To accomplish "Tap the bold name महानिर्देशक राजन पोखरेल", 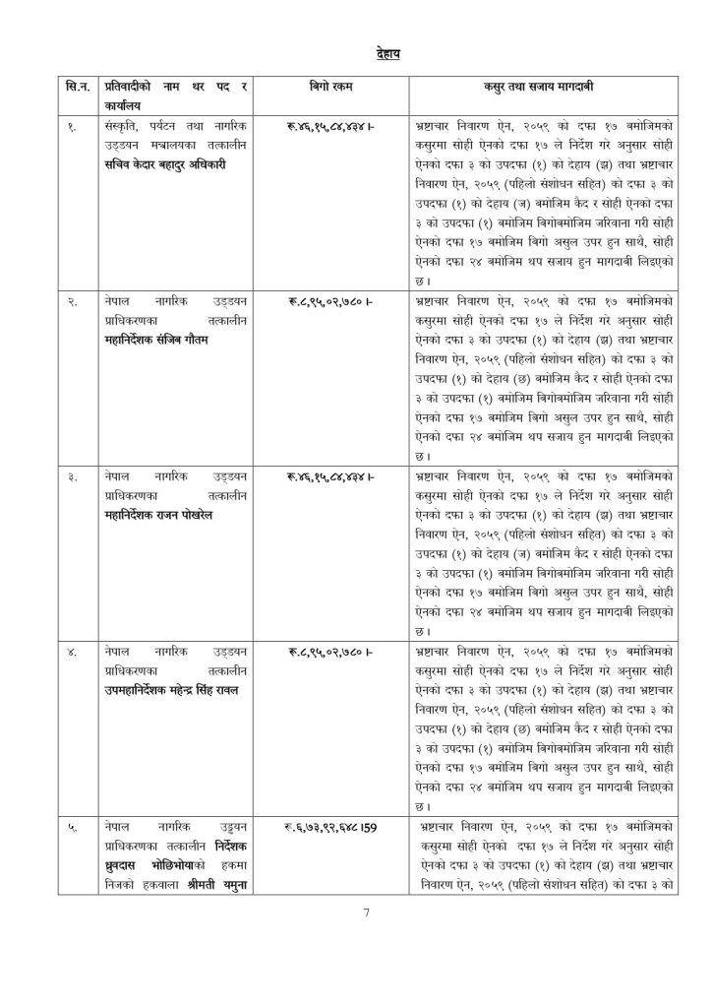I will [160, 515].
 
